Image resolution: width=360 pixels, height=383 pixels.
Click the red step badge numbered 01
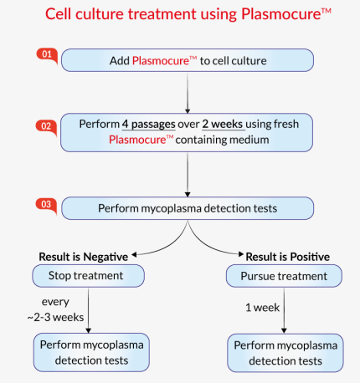tap(46, 54)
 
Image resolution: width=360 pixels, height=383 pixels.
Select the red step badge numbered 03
tap(46, 203)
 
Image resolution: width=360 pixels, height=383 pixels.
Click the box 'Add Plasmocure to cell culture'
tap(188, 60)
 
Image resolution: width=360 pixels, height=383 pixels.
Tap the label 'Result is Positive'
tap(287, 256)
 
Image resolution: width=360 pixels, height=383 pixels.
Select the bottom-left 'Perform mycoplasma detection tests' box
tap(91, 352)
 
